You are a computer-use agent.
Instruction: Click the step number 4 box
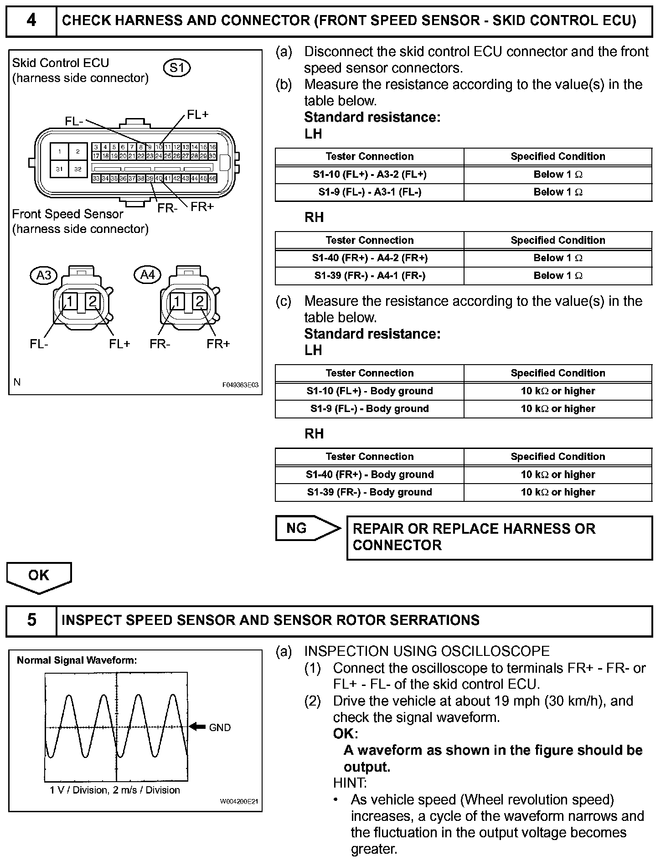click(x=31, y=21)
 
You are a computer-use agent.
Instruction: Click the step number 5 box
click(x=31, y=620)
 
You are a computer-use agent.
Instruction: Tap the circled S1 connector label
click(x=176, y=68)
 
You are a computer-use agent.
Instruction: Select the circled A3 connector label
click(x=44, y=275)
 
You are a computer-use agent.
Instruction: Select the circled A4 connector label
click(x=148, y=275)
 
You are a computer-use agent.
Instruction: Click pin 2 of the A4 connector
click(x=200, y=301)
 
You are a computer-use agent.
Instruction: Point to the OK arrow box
click(x=39, y=576)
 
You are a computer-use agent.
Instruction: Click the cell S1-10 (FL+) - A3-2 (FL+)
click(x=370, y=175)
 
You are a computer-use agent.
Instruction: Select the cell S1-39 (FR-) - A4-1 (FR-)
click(x=370, y=276)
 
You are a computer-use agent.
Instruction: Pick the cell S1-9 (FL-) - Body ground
click(x=370, y=409)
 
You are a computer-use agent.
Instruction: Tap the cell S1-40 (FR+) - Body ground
click(x=370, y=474)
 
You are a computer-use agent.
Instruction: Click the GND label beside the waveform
click(x=220, y=728)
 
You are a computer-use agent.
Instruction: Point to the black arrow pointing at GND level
click(x=197, y=727)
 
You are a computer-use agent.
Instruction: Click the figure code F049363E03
click(x=240, y=385)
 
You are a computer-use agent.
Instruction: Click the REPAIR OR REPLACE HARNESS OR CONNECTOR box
click(x=499, y=537)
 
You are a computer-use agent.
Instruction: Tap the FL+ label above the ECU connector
click(x=198, y=115)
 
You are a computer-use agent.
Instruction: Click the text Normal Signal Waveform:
click(x=77, y=660)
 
